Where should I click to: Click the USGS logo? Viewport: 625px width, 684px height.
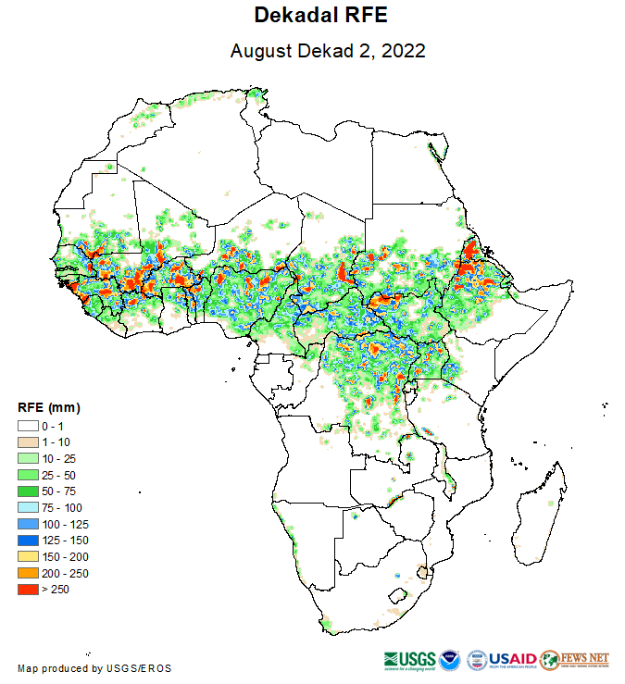[x=407, y=659]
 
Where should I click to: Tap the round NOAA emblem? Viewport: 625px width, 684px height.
[x=449, y=659]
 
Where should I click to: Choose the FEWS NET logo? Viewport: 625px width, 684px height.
[x=575, y=659]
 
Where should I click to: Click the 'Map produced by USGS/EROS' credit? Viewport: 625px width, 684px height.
[x=94, y=668]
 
